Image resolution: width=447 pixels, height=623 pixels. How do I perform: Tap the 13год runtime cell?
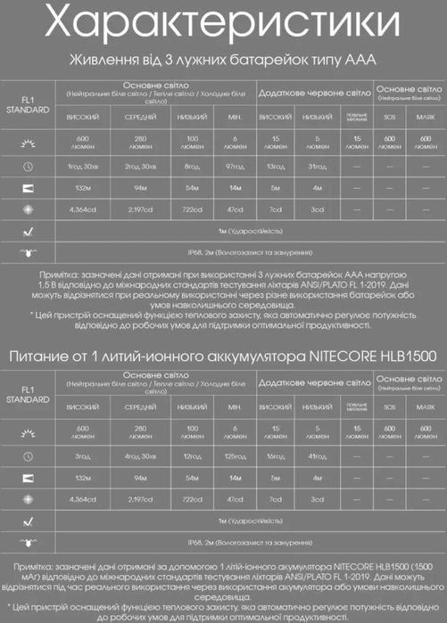pos(276,166)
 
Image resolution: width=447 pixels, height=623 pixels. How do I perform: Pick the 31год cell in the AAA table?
pos(317,166)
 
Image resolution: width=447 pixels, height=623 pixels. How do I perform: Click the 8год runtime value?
pos(194,166)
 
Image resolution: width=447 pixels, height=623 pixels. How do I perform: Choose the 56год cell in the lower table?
pos(276,455)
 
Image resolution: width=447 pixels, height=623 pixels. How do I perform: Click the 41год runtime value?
pos(317,455)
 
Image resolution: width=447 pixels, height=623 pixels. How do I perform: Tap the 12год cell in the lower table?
pos(194,455)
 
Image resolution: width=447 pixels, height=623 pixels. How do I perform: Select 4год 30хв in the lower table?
pos(140,455)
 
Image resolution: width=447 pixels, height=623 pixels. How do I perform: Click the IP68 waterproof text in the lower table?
pos(248,542)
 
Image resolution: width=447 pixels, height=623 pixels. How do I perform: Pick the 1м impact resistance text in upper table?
pos(248,229)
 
